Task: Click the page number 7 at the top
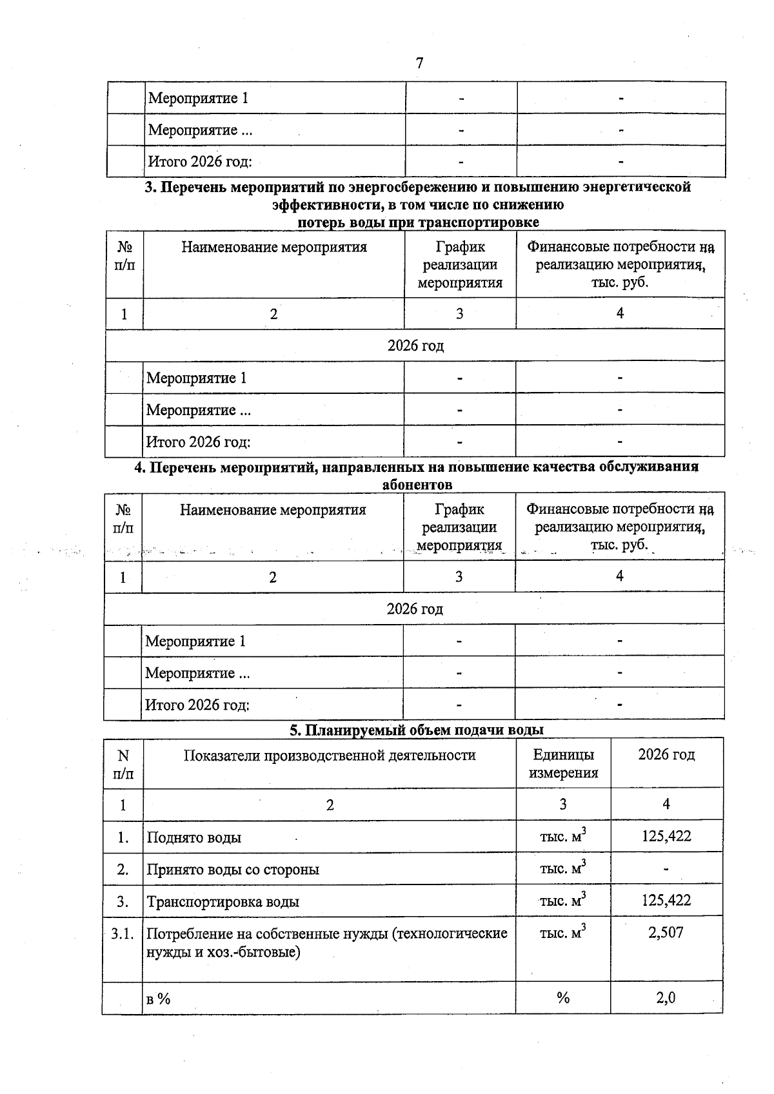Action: tap(419, 63)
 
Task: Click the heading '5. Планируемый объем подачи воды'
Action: tap(416, 730)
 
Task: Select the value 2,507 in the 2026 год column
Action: tap(666, 932)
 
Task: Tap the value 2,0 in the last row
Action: tap(666, 998)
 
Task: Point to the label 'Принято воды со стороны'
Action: tap(233, 870)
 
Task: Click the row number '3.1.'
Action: tap(123, 933)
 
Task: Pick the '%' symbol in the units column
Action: tap(562, 998)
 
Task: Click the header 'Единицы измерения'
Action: tap(563, 764)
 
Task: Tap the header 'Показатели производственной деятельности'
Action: tap(330, 756)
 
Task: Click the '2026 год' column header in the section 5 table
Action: tap(666, 755)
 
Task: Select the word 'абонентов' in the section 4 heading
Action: tap(417, 484)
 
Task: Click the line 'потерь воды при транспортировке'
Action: tap(418, 222)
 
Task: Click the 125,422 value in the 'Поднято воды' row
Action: tap(666, 837)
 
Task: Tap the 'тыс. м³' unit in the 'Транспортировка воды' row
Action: tap(562, 900)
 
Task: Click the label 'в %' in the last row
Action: tap(158, 999)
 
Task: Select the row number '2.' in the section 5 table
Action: tap(123, 870)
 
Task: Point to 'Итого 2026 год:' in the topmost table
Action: tap(200, 161)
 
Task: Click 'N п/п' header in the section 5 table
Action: tap(123, 765)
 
